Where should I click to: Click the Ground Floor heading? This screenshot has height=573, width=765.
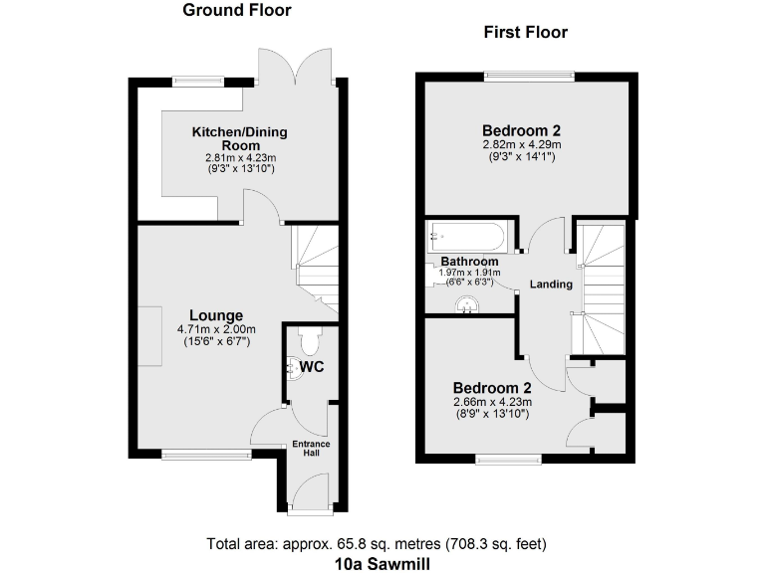[x=237, y=11]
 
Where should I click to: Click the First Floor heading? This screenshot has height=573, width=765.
[x=525, y=33]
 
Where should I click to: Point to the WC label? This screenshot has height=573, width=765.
[x=311, y=367]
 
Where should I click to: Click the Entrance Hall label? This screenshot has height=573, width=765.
[x=311, y=449]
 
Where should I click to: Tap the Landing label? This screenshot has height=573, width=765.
[x=551, y=285]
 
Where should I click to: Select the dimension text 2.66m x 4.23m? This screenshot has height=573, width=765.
[x=493, y=402]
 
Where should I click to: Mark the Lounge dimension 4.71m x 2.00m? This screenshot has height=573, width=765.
[x=216, y=330]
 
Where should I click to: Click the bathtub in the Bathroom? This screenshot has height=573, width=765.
[x=468, y=237]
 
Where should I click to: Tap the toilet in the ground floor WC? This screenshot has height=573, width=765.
[x=307, y=342]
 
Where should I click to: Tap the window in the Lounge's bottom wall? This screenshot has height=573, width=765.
[x=206, y=456]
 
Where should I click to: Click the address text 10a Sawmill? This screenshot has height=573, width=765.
[x=382, y=562]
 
